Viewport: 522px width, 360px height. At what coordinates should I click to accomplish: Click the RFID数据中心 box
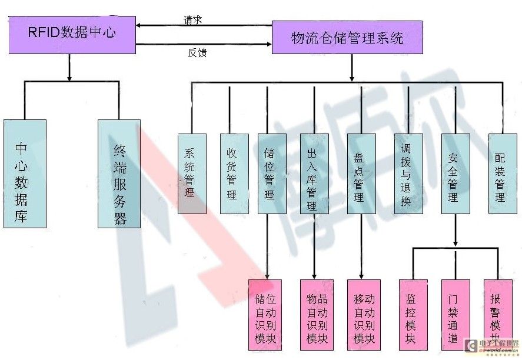(72, 32)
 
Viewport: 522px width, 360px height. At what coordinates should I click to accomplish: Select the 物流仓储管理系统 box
(347, 38)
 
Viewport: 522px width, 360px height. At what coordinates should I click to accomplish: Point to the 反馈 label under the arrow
(197, 53)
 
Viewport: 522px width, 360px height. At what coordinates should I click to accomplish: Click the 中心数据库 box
(25, 174)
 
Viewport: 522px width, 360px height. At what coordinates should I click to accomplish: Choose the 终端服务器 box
(119, 174)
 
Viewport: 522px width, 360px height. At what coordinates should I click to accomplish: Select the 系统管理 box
(192, 174)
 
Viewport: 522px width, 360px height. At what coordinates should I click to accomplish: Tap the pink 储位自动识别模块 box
(265, 315)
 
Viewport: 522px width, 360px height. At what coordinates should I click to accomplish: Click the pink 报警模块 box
(497, 315)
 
